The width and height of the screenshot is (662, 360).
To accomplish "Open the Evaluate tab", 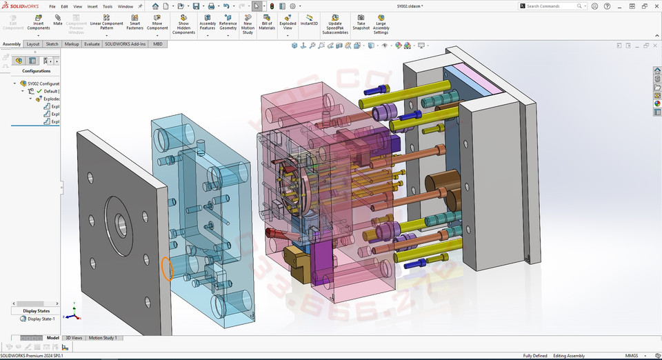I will coord(92,44).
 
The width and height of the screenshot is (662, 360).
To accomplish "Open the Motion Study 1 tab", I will coord(103,338).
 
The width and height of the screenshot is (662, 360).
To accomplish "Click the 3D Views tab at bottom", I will coord(74,338).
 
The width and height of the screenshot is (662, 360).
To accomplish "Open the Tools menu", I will coord(108,6).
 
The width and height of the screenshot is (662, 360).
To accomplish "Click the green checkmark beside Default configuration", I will coord(39,91).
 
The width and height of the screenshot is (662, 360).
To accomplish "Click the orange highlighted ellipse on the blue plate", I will coord(166,268).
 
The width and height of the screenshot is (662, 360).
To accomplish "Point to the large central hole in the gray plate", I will coord(121,223).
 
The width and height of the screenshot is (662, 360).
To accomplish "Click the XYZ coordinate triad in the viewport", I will coord(72,314).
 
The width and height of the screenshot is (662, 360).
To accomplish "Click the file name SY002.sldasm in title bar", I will coord(410,6).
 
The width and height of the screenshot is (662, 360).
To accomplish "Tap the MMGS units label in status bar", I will coord(631,356).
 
